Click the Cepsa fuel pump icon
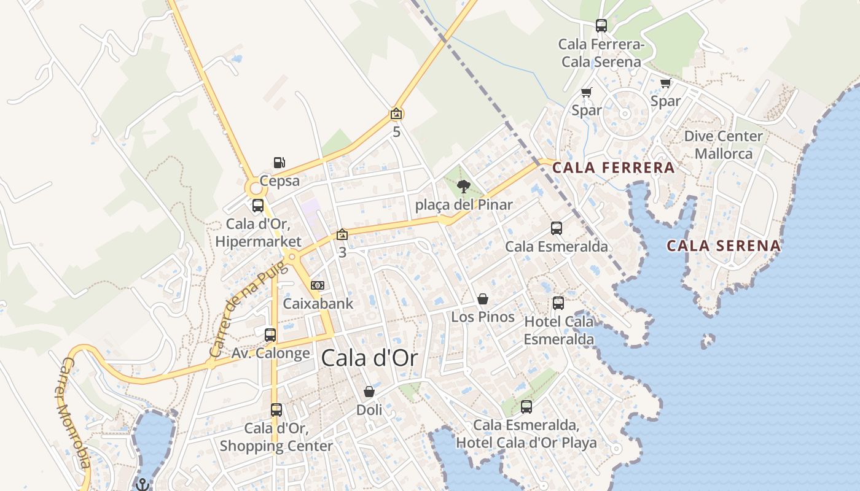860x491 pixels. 279,163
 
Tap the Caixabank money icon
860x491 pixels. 318,285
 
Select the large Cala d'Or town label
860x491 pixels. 369,358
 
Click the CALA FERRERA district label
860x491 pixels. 613,168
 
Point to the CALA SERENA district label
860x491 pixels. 724,246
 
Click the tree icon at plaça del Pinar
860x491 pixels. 464,187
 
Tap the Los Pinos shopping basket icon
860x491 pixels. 483,299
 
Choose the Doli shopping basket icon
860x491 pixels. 369,392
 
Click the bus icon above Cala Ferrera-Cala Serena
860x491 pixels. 601,26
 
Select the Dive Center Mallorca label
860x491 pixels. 724,145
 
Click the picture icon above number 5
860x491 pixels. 396,114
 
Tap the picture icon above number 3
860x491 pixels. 342,234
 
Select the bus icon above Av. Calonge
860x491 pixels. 270,335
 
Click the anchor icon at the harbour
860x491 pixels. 143,484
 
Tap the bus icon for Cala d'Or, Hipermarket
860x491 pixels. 258,206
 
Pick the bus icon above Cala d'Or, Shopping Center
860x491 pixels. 276,410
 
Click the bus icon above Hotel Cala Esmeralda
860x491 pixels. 558,303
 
